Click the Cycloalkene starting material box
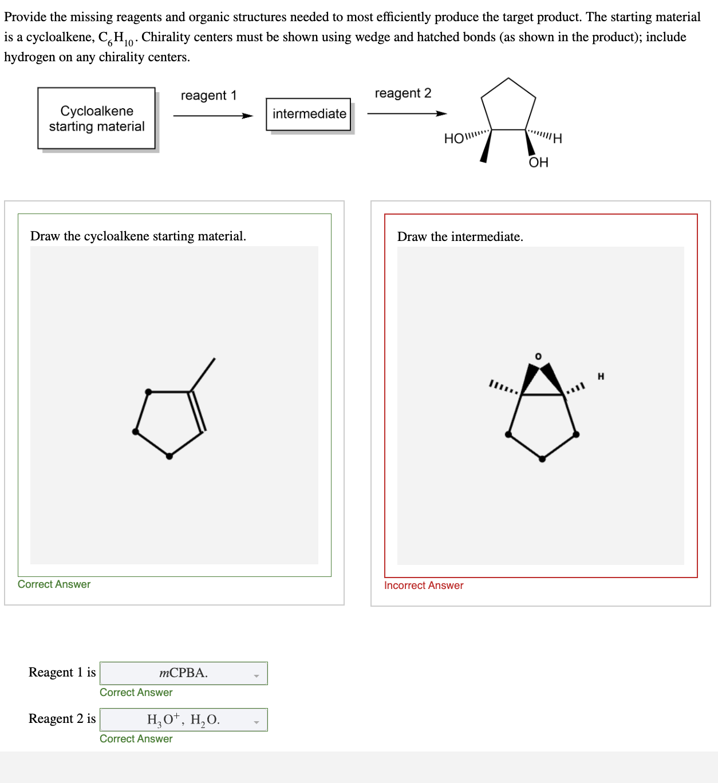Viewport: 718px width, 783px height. [96, 118]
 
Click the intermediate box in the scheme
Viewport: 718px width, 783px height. [309, 114]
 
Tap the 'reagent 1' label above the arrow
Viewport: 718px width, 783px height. [208, 96]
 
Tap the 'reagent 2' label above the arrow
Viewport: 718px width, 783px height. [403, 93]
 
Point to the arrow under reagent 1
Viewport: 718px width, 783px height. [212, 116]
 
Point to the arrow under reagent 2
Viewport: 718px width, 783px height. [407, 113]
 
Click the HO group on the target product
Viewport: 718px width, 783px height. [455, 139]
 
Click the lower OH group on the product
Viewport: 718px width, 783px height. [538, 163]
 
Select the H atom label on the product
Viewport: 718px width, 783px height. [557, 139]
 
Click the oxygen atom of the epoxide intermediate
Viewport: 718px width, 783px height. [538, 357]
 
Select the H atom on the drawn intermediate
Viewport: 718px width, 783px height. [601, 376]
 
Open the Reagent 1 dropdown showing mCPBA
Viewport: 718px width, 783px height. [184, 673]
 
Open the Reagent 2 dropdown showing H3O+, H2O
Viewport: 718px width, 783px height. [184, 719]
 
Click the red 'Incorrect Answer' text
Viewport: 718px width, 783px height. [424, 586]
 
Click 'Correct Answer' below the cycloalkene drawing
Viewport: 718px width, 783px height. [54, 584]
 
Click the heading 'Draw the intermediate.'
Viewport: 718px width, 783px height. [460, 237]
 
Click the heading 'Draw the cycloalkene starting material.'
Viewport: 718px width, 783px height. [138, 236]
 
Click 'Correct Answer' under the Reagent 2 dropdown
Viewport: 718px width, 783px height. [136, 739]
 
